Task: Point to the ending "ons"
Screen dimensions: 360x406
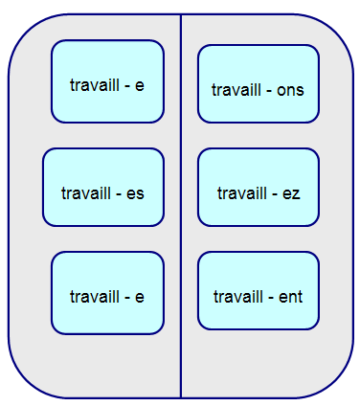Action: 290,90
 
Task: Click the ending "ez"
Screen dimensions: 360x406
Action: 291,193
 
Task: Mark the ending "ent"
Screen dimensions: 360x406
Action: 289,297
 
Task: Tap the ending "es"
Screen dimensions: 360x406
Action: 135,193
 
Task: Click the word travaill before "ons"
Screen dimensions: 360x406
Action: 236,90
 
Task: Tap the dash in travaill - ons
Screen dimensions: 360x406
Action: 268,90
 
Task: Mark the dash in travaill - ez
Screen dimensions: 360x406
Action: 274,193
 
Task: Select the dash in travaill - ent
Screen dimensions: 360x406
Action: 269,297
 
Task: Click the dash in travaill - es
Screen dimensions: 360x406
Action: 118,193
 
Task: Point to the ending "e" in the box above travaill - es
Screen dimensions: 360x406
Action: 140,85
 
